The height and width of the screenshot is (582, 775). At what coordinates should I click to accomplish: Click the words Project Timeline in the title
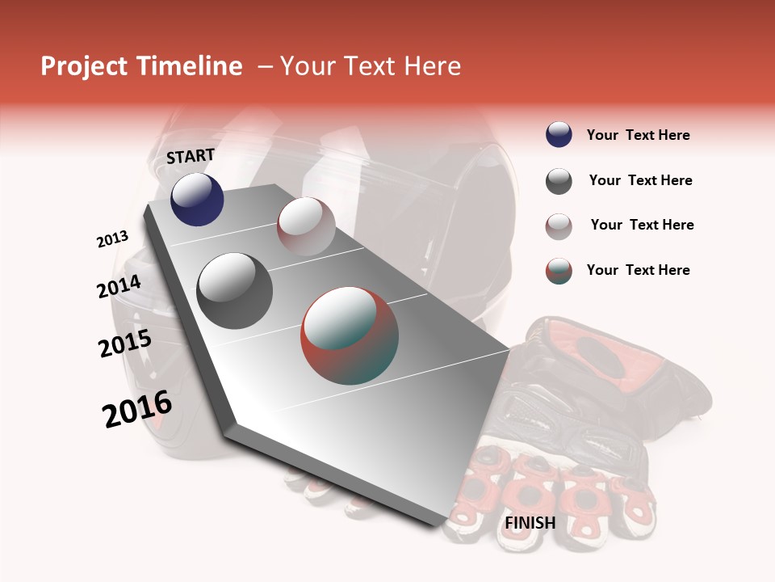141,66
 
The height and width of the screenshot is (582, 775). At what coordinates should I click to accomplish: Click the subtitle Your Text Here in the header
371,66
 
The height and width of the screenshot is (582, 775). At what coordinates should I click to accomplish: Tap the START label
191,156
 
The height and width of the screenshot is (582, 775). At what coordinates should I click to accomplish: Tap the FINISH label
530,523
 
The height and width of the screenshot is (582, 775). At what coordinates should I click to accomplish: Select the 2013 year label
113,239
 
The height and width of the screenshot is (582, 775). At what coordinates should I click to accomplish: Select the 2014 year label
119,287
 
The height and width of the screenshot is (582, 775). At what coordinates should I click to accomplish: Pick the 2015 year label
125,344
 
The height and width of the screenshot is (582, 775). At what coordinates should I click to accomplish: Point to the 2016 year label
137,409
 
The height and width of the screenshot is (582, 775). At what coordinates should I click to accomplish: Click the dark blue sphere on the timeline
197,200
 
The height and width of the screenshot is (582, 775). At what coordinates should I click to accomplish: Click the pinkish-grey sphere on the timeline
306,226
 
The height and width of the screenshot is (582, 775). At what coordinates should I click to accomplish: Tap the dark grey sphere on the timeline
235,291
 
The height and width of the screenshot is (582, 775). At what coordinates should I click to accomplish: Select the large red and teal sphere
350,335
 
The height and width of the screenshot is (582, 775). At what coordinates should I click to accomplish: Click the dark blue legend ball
559,135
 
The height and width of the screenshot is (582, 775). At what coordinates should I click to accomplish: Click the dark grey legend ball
559,181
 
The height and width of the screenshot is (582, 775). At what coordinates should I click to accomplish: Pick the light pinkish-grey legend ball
559,226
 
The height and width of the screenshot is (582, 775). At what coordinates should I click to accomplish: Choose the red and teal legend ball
559,271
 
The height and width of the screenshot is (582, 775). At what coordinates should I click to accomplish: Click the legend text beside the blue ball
638,135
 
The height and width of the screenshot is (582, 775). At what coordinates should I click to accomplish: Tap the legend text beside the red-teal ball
638,270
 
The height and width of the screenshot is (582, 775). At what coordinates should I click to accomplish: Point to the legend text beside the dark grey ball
640,180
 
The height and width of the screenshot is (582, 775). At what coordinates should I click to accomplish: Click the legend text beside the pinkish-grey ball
642,225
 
